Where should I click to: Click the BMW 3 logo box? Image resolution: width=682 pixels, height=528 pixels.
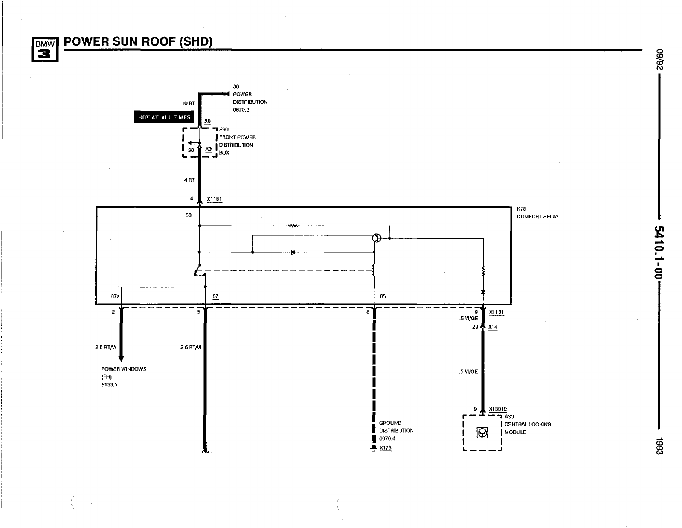click(x=45, y=49)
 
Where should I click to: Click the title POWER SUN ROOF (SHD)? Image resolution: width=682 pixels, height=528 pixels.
click(x=138, y=41)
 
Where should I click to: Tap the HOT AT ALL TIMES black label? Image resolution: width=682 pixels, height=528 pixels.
click(x=164, y=117)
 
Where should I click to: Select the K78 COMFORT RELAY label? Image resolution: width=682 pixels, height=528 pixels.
click(x=537, y=213)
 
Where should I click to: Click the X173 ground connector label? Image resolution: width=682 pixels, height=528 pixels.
click(x=385, y=448)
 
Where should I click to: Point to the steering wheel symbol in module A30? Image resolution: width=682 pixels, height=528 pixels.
click(x=482, y=433)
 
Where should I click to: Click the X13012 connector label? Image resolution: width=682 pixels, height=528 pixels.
click(x=498, y=409)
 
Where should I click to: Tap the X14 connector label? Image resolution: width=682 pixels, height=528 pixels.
click(x=493, y=328)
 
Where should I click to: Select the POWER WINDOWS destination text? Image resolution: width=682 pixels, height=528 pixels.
click(x=124, y=369)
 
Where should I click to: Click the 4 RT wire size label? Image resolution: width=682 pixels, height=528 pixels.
click(x=189, y=180)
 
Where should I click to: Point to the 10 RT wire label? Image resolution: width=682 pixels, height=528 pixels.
click(x=188, y=103)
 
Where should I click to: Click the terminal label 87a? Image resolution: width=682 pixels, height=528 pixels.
click(x=115, y=296)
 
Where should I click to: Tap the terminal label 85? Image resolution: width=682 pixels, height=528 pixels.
click(x=383, y=296)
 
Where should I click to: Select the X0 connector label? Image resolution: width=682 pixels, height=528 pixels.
click(x=207, y=122)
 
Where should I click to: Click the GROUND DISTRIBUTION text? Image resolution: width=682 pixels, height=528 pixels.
click(x=396, y=427)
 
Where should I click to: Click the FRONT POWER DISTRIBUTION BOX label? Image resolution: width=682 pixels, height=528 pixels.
click(x=237, y=141)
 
